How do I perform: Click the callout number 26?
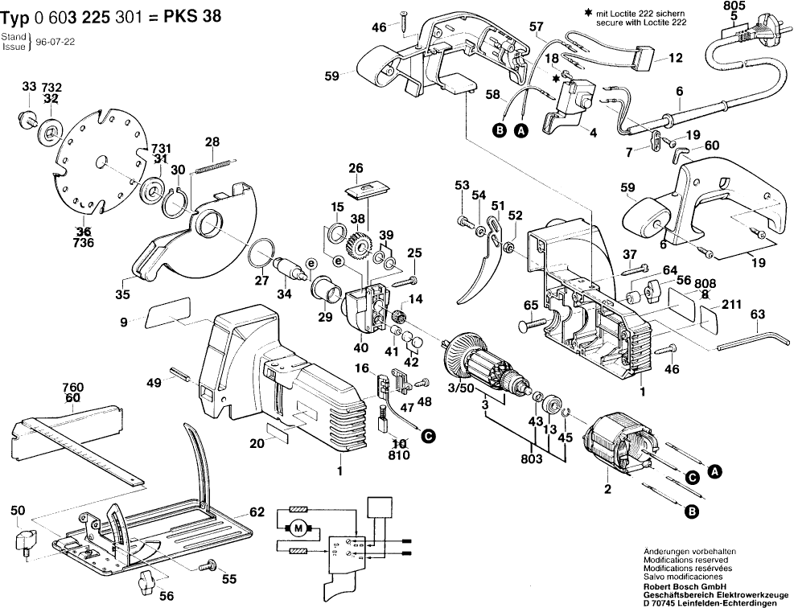(x=355, y=169)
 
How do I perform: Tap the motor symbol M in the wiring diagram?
(x=298, y=528)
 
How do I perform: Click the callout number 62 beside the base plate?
(x=257, y=511)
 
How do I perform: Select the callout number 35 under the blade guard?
(x=122, y=295)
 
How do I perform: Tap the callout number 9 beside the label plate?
(x=124, y=322)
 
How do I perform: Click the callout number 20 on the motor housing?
(x=257, y=443)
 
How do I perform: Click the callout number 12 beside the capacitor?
(x=676, y=59)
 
